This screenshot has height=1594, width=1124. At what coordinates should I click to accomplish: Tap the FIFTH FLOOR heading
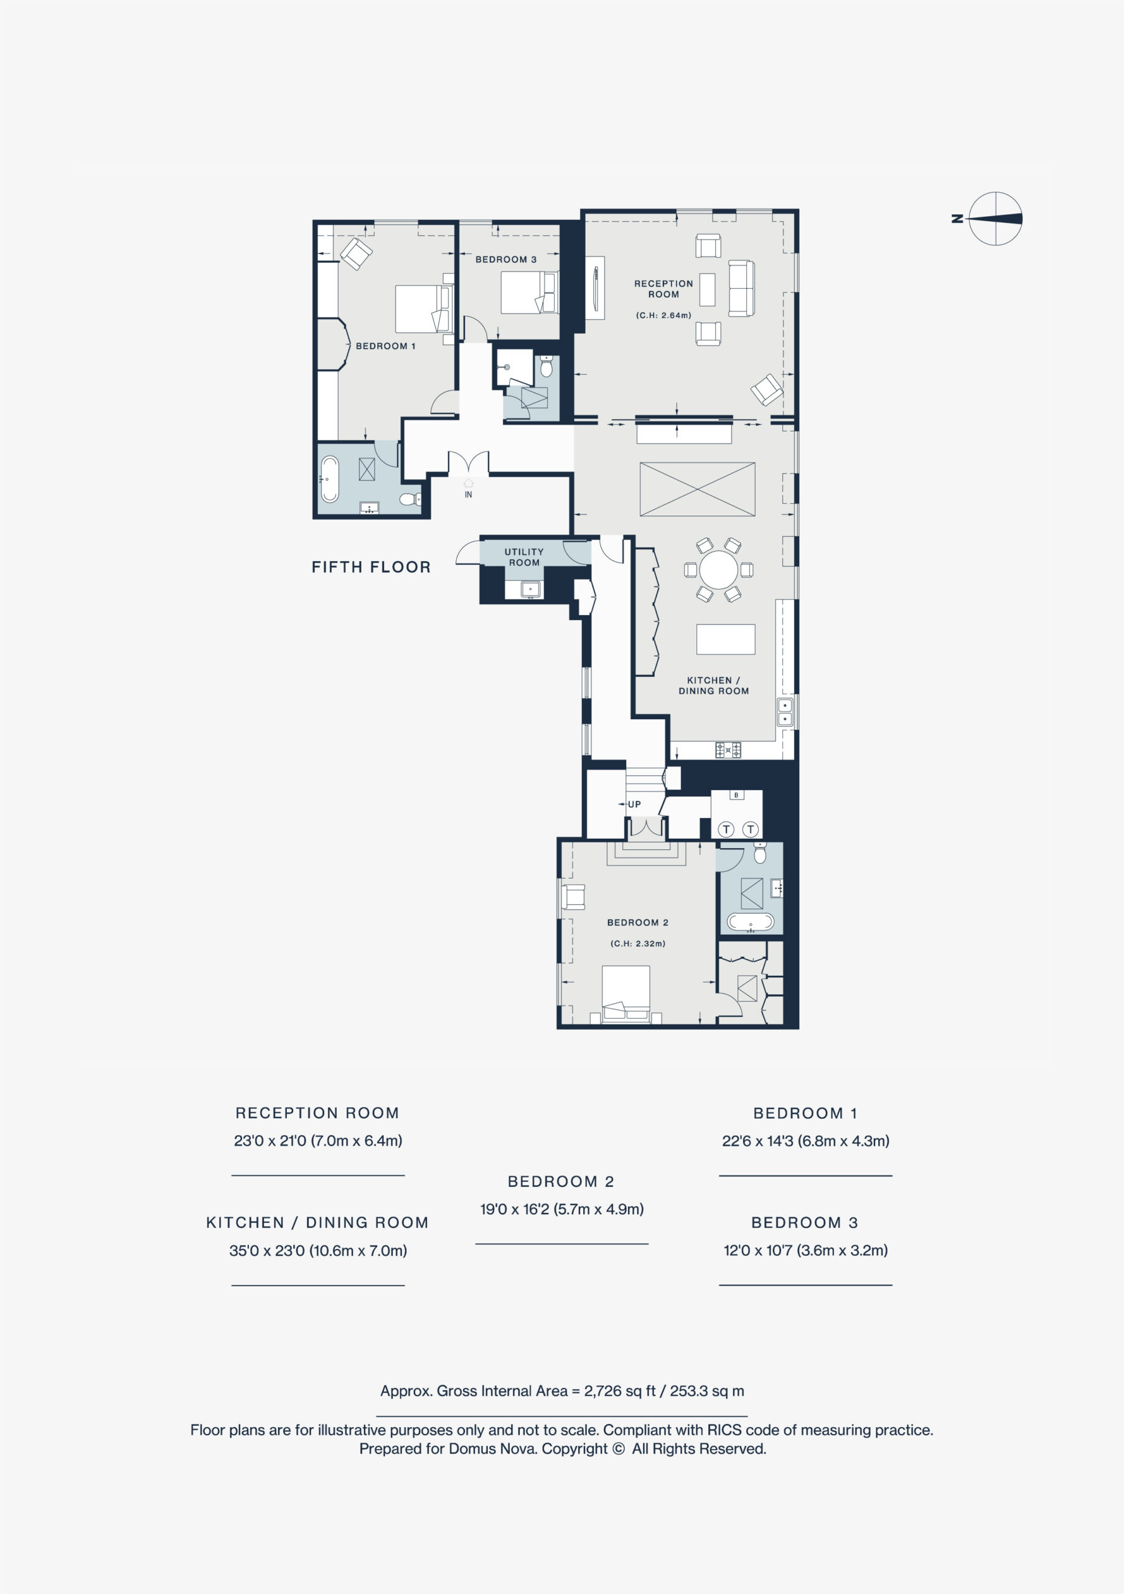tap(371, 567)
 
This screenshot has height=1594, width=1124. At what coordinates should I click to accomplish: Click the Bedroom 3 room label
tap(506, 260)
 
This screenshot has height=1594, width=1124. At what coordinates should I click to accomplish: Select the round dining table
tap(719, 570)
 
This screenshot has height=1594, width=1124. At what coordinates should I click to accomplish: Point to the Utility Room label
tap(524, 557)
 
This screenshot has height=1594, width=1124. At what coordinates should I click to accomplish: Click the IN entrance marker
tap(468, 489)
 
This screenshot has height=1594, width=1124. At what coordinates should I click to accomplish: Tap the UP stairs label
tap(634, 804)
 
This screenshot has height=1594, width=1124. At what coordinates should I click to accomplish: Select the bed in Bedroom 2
tap(626, 994)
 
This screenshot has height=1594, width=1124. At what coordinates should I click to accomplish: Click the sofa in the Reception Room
tap(741, 288)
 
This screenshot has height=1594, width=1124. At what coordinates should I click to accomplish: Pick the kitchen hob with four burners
tap(728, 750)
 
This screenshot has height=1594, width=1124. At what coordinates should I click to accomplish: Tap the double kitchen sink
tap(785, 712)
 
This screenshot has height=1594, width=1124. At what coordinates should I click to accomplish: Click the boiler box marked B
tap(736, 795)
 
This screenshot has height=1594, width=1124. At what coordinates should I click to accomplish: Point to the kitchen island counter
tap(726, 639)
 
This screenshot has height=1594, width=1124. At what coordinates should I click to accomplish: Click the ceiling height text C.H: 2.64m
tap(664, 315)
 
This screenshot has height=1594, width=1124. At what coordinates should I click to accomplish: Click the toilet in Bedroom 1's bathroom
tap(410, 499)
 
